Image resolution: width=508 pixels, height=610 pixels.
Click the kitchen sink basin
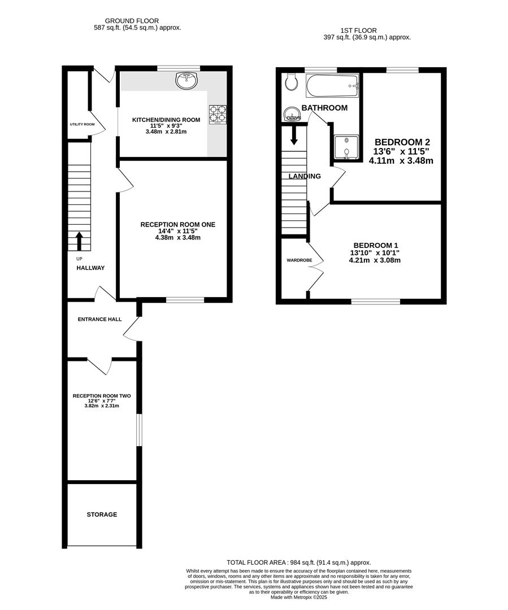coord(187,81)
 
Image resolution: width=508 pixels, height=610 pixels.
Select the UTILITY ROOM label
coord(82,124)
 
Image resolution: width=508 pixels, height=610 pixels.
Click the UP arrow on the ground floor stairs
coord(79,241)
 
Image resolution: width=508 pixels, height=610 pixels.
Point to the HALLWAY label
coord(90,268)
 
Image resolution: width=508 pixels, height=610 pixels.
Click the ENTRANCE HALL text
coord(99,319)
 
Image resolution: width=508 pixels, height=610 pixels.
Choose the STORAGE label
coord(102,515)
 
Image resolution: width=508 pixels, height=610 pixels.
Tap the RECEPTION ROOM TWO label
coord(102,396)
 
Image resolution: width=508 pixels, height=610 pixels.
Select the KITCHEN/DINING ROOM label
coord(166,120)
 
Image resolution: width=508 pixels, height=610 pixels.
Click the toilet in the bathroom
coord(291,81)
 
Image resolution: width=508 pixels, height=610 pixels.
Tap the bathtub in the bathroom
coord(332,86)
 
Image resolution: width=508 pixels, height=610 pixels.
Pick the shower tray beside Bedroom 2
coord(346,147)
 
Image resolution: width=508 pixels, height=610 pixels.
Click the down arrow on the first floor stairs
coord(294,134)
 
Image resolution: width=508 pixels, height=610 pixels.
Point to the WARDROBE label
coord(299,260)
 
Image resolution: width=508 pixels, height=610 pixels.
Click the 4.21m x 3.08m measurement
coord(375,260)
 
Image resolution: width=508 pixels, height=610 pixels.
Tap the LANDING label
coord(305,176)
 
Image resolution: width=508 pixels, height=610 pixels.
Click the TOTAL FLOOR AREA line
coord(299,563)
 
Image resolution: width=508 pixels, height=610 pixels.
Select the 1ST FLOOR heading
coord(358,30)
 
